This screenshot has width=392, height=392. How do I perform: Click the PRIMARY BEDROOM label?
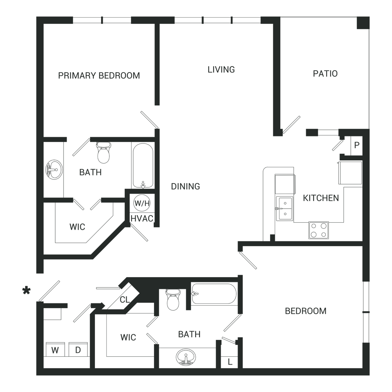tap(99, 76)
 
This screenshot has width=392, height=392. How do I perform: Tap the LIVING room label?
tap(221, 69)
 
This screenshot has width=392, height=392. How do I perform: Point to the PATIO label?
tap(325, 74)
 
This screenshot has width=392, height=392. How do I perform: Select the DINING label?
tap(185, 186)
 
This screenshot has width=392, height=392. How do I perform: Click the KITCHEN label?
tap(321, 198)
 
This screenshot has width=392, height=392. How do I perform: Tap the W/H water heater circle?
tap(142, 203)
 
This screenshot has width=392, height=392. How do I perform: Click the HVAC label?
tap(142, 218)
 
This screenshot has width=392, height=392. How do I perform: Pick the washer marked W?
tap(55, 350)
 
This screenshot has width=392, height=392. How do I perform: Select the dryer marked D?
tap(78, 350)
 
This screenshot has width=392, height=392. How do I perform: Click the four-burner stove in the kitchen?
tap(319, 230)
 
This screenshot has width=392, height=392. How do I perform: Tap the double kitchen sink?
tap(285, 209)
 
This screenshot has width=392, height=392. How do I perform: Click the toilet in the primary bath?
tap(103, 152)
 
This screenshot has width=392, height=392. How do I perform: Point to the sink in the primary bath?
tap(54, 169)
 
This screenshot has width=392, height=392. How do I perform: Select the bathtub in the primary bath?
tap(143, 165)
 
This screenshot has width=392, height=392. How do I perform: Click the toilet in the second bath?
tap(173, 299)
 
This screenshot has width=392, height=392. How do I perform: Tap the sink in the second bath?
tap(186, 357)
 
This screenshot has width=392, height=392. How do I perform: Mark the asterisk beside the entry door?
tap(26, 291)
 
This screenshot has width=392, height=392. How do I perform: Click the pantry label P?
tap(357, 145)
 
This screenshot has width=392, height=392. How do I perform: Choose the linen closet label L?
tap(230, 362)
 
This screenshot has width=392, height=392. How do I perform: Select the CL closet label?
tap(125, 299)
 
